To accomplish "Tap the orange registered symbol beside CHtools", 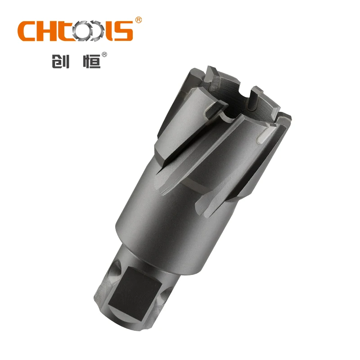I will [x=139, y=20].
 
